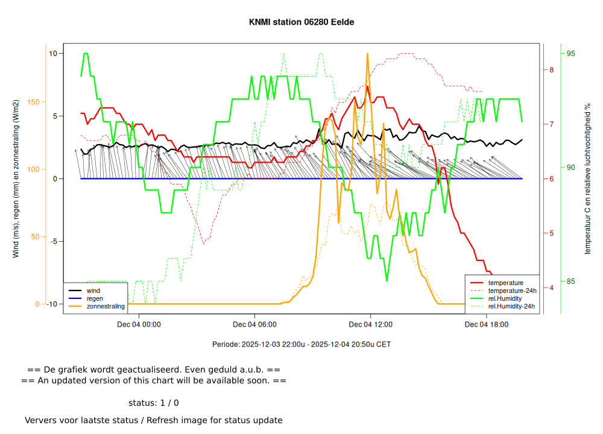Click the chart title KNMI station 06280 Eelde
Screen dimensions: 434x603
click(x=301, y=22)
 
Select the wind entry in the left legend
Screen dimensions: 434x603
click(x=93, y=291)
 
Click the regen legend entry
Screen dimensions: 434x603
click(x=95, y=298)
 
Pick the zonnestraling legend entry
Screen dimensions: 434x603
click(x=106, y=306)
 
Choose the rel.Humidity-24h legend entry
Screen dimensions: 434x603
click(x=511, y=306)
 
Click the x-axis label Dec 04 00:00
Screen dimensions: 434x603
click(x=139, y=324)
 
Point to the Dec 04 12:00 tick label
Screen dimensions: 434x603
click(x=370, y=324)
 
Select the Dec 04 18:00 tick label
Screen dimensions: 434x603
click(x=486, y=324)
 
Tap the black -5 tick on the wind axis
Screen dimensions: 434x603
click(x=52, y=241)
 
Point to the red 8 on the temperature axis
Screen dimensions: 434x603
click(x=551, y=70)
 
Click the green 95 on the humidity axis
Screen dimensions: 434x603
click(x=570, y=54)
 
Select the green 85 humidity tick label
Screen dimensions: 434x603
click(x=570, y=281)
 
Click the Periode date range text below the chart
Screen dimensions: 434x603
click(x=301, y=345)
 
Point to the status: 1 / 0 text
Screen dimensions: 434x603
click(x=153, y=403)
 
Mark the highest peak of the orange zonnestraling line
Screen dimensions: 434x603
click(x=367, y=54)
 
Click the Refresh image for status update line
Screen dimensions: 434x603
click(x=153, y=420)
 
